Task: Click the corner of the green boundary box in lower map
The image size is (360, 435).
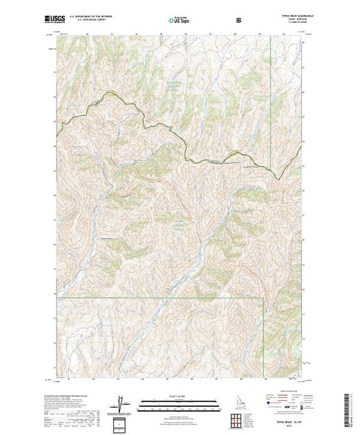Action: click(x=263, y=298)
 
